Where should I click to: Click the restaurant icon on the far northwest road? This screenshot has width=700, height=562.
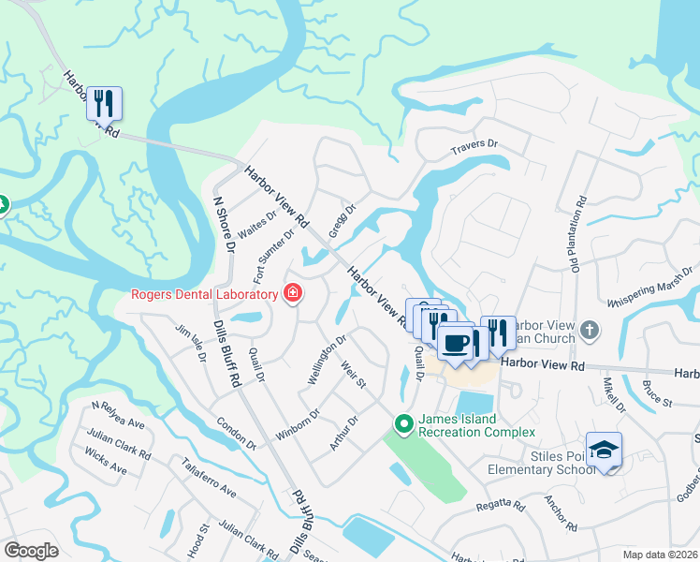coord(104,102)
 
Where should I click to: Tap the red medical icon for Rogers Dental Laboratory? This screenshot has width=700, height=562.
coord(293,295)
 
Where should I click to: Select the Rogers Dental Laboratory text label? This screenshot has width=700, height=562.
coord(204,296)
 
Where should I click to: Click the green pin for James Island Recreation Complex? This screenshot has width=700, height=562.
coord(403,424)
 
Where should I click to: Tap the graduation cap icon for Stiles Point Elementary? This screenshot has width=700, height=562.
coord(604,450)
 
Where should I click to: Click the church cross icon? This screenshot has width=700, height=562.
coord(589,329)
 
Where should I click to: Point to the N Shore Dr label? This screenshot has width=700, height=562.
coord(224,223)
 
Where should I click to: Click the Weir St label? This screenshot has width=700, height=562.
coord(354,377)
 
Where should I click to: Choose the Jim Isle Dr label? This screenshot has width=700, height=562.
coord(190,344)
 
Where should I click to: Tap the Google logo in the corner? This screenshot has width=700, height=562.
coord(31,550)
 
